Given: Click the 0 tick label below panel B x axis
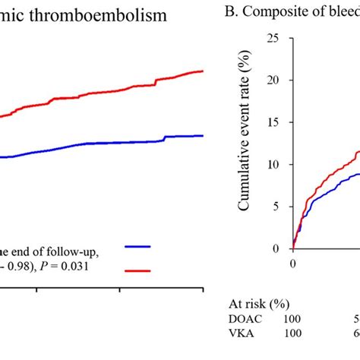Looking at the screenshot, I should click(293, 264).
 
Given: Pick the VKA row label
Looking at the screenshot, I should click(240, 333).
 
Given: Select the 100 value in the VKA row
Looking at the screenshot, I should click(292, 333).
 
